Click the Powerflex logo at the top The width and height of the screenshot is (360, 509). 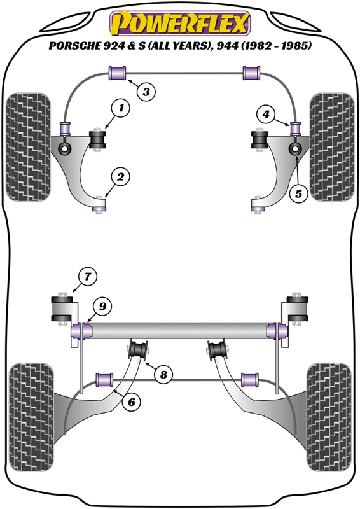(180, 24)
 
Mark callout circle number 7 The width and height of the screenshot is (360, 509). (87, 276)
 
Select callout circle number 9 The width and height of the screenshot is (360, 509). (104, 307)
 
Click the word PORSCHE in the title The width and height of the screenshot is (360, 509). (75, 46)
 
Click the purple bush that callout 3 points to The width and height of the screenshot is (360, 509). (118, 73)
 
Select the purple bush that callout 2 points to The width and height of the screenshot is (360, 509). (99, 205)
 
